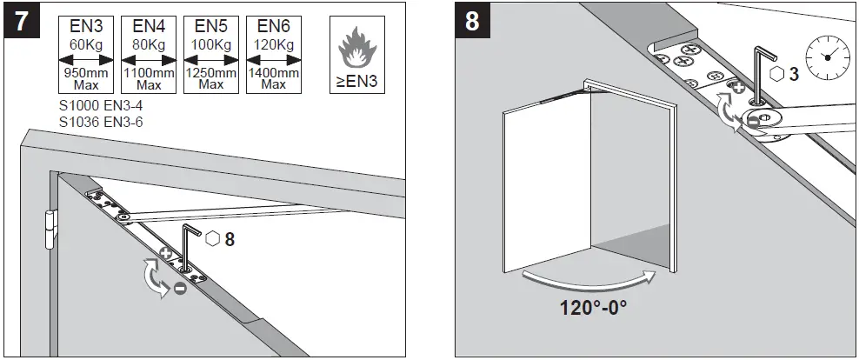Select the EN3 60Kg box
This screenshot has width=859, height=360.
[86, 53]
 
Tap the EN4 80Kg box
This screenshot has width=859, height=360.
[148, 53]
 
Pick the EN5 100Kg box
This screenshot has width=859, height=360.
[210, 53]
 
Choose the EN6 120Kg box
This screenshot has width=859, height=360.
[273, 53]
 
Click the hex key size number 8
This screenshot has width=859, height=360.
[229, 238]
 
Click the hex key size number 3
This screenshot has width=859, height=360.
[792, 75]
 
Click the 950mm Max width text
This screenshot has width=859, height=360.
[86, 79]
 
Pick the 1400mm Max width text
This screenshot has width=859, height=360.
[273, 79]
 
